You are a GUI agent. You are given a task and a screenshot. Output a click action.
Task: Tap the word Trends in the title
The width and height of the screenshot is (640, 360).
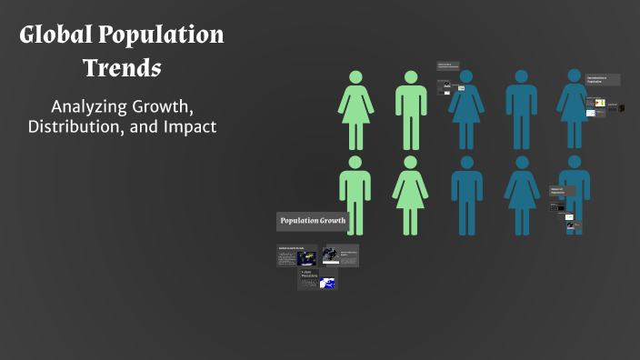pos(122,67)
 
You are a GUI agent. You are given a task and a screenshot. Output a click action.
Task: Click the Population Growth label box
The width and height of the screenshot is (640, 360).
pos(312,221)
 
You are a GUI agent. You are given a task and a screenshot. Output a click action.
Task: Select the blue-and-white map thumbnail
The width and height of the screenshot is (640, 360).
pos(326,284)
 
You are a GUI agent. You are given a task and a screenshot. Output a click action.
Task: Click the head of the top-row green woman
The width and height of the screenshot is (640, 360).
pos(355,78)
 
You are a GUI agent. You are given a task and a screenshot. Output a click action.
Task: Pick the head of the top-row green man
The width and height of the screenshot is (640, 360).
pos(411,78)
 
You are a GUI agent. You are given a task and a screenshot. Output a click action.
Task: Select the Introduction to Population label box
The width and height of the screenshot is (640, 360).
pos(603,80)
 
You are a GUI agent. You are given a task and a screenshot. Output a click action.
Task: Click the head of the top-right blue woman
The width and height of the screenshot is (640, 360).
pos(575,78)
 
